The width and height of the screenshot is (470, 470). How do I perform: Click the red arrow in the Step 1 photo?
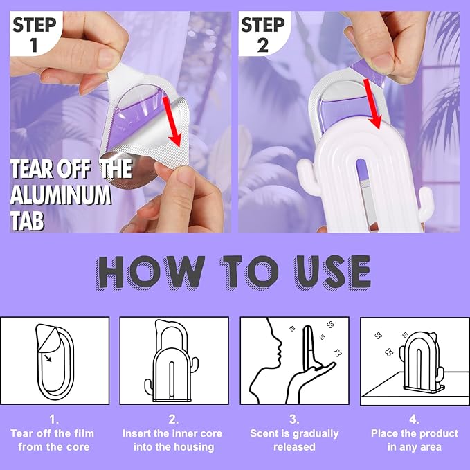click(x=172, y=121)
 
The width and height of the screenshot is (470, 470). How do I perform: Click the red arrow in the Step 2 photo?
click(x=372, y=103)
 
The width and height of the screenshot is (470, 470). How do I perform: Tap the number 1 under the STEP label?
click(x=34, y=45)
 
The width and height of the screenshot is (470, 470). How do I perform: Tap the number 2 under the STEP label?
click(x=263, y=45)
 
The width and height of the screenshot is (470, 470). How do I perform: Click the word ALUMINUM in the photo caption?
click(x=61, y=195)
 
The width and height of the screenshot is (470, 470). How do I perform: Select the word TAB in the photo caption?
click(x=27, y=220)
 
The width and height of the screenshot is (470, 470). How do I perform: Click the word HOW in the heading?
click(x=151, y=273)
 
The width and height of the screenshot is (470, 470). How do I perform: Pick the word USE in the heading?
click(x=332, y=273)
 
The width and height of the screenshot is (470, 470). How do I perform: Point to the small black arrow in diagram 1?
click(x=47, y=358)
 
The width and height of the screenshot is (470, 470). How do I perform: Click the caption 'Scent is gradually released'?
click(x=294, y=440)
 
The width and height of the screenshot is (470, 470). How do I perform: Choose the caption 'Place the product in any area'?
click(x=414, y=440)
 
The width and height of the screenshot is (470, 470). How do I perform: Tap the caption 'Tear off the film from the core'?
click(x=53, y=440)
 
